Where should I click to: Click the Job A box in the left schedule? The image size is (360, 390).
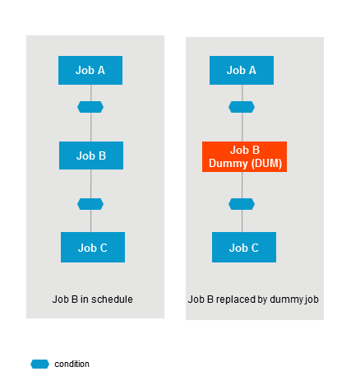click(90, 70)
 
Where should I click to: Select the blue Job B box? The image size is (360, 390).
click(91, 155)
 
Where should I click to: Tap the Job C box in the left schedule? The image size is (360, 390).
click(93, 247)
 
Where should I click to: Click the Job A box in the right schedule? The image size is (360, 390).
click(242, 70)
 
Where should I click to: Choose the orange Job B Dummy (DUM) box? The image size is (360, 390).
click(244, 156)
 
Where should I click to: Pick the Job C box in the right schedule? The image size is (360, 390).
click(244, 247)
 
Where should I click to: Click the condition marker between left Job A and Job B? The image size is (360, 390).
click(90, 107)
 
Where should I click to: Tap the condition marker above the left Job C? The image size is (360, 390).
click(90, 204)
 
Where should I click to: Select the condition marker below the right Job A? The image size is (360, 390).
click(242, 107)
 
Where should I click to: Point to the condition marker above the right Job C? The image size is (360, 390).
click(242, 204)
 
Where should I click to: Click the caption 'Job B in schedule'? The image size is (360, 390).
click(92, 299)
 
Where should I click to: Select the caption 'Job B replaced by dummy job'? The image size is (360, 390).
click(253, 299)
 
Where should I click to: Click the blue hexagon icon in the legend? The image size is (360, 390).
click(39, 364)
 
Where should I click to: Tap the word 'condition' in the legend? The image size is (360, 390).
click(72, 364)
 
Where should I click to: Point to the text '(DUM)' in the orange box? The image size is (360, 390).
click(264, 163)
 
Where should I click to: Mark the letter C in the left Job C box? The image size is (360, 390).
click(104, 247)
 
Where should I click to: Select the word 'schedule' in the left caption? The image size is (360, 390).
click(114, 299)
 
